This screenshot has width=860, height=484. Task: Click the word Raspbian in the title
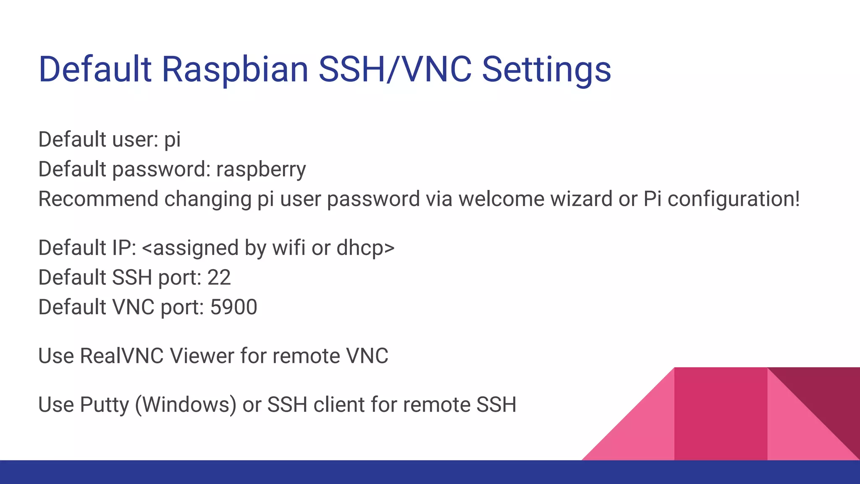235,69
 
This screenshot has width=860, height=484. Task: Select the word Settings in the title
546,69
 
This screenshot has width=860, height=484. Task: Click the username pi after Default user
172,140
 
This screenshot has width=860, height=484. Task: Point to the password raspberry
261,169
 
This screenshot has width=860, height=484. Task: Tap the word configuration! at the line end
733,199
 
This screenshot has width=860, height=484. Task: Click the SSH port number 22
219,277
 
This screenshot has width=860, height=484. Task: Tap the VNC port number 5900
233,307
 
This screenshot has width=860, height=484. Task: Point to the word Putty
104,405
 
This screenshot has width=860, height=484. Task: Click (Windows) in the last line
186,405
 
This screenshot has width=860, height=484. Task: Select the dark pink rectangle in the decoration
720,414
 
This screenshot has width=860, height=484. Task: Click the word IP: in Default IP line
124,247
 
